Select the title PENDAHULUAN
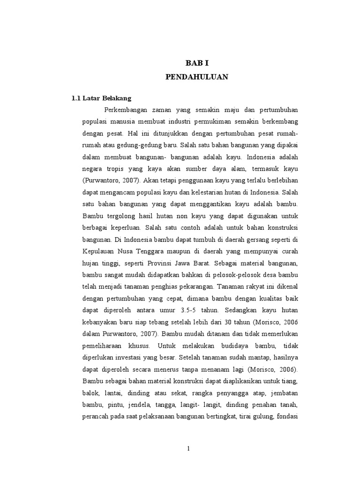197,77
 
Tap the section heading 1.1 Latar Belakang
101,98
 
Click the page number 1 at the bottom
188,448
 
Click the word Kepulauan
98,253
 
